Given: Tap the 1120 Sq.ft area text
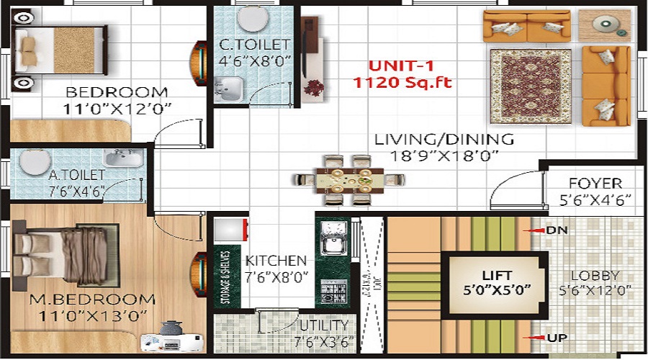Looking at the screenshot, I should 402,83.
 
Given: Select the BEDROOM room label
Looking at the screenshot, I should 117,92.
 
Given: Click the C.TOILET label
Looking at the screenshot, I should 254,45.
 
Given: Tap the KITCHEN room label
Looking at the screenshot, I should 276,261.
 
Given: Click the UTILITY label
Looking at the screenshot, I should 324,325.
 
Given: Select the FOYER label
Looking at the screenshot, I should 595,184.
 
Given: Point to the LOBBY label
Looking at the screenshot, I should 595,275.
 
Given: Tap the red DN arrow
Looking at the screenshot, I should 534,230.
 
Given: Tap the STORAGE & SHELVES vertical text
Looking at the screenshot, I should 226,276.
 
